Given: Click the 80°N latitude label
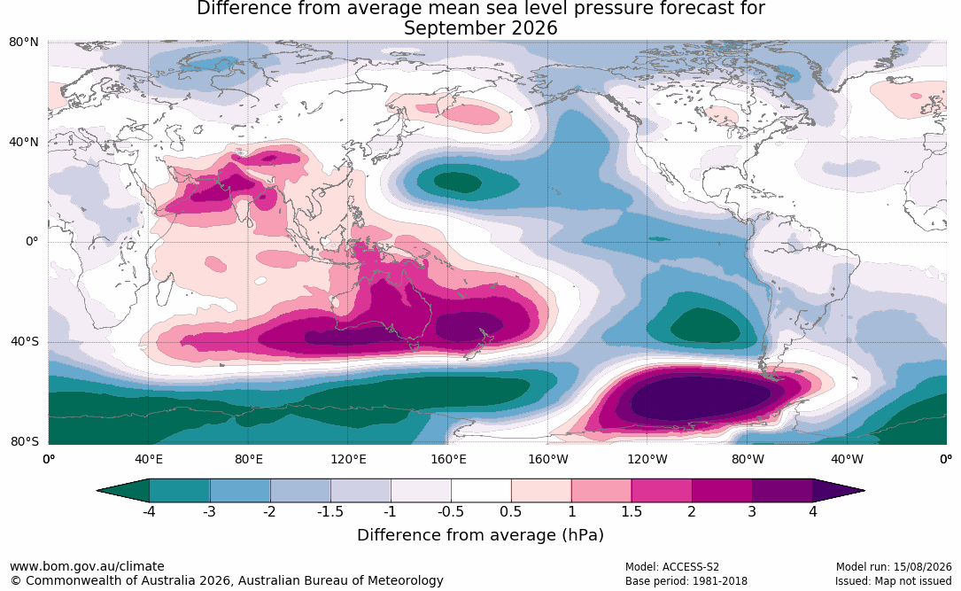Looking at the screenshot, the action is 24,43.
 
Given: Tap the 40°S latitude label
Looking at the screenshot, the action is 25,341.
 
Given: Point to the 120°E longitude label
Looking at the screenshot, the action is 348,459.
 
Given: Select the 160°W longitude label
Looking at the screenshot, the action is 548,459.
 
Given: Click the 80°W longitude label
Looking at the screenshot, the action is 748,459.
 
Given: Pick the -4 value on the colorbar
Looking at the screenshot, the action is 149,511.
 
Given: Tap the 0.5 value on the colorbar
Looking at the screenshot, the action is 511,511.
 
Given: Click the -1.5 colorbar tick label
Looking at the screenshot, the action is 330,511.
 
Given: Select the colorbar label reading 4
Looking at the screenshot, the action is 813,511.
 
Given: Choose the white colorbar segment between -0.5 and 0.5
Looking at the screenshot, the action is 481,491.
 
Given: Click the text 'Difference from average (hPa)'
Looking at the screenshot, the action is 480,535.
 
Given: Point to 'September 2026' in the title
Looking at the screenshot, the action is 480,28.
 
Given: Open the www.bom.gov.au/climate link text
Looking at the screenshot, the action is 87,566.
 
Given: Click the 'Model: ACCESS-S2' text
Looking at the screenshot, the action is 672,567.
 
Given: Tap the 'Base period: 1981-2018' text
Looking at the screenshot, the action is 686,580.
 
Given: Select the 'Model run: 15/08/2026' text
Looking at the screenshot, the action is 894,567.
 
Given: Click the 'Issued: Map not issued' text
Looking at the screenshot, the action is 893,580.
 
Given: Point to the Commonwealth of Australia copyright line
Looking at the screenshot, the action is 226,580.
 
